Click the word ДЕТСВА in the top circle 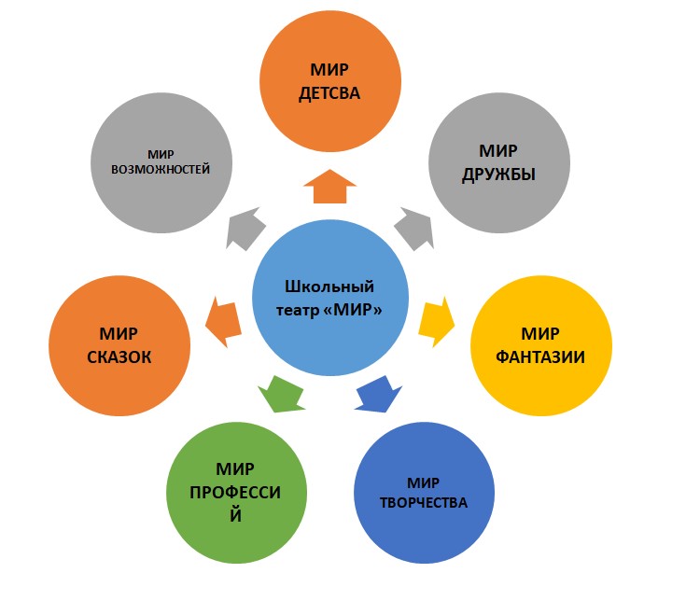tap(328, 93)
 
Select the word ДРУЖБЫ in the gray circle tap(498, 173)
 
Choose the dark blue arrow tap(377, 392)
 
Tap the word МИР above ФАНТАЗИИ tap(541, 333)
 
